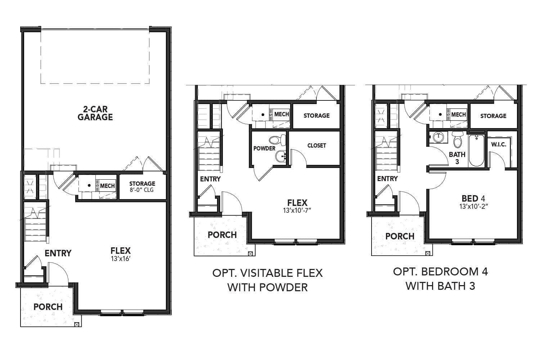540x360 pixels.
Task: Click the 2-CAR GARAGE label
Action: [95, 113]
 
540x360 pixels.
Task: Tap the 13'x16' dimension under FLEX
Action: [120, 258]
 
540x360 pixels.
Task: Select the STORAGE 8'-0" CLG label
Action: [142, 186]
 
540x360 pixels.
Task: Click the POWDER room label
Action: [264, 148]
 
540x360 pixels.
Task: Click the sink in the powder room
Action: [280, 156]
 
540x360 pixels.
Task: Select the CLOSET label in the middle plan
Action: [316, 145]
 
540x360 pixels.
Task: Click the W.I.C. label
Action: [499, 144]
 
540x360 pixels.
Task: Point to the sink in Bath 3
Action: [438, 137]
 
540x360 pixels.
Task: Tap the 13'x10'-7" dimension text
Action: [297, 210]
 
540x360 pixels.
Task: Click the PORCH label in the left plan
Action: [48, 307]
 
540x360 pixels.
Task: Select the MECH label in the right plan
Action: [458, 114]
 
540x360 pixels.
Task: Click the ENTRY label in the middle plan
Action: [210, 179]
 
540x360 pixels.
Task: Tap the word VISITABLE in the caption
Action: [267, 273]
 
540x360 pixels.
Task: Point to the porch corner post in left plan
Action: [76, 324]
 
